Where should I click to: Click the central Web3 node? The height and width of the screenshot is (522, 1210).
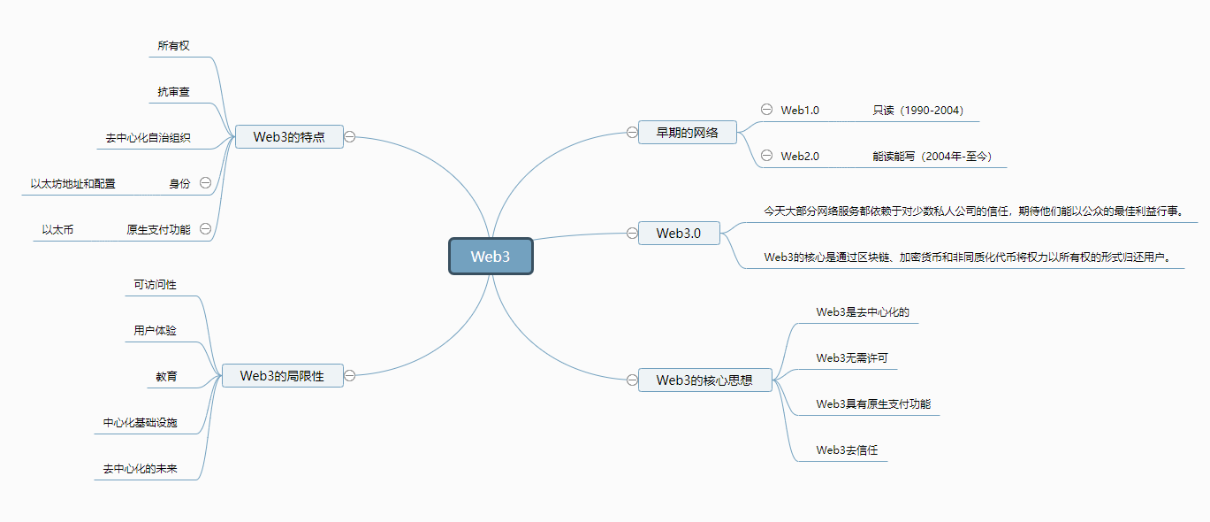pos(491,257)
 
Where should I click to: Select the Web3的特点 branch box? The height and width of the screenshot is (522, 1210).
pos(289,136)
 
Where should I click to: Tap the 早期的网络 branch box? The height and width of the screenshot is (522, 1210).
pos(687,133)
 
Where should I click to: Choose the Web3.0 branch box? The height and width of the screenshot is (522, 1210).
pos(679,234)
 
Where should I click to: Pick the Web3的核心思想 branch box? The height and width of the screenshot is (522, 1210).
pos(704,380)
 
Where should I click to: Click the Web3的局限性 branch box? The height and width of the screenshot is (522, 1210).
pos(282,376)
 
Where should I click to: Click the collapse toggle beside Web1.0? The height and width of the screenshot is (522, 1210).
pos(766,110)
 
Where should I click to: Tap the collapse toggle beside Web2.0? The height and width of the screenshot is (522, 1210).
pos(766,156)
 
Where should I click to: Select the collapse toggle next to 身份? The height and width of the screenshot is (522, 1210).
pos(205,183)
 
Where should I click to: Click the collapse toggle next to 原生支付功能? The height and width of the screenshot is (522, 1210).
pos(205,229)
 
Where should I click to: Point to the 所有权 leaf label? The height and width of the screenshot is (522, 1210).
pos(173,45)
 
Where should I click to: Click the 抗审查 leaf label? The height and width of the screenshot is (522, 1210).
pos(173,91)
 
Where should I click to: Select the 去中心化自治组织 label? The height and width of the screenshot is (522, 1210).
pos(148,138)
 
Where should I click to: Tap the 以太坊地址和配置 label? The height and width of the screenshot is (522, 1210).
pos(72,184)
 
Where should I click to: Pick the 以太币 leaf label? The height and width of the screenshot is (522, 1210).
pos(57,230)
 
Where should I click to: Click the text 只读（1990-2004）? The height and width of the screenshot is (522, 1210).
pos(917,111)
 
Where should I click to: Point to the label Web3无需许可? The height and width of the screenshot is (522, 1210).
pos(852,358)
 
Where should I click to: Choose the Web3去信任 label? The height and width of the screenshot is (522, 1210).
pos(847,450)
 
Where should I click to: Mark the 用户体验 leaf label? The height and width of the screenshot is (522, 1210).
pos(155,330)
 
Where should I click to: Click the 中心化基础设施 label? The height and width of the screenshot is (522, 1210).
pos(140,422)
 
